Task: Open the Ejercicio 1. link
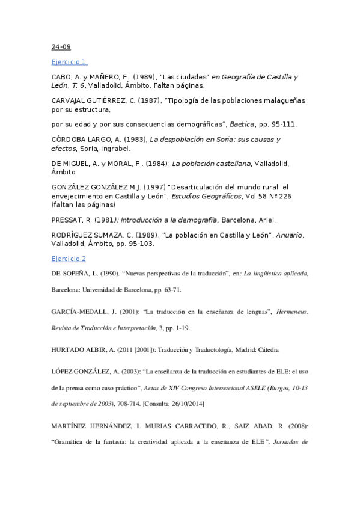(69, 61)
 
